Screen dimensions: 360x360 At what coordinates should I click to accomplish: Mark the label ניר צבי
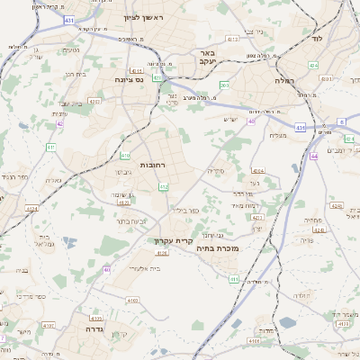(x=255, y=31)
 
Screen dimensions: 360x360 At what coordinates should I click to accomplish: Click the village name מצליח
(x=276, y=136)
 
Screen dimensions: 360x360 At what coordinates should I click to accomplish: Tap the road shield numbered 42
(x=59, y=123)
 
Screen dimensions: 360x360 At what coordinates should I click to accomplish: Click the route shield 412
(x=163, y=186)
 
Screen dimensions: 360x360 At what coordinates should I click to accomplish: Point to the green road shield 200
(x=224, y=85)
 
